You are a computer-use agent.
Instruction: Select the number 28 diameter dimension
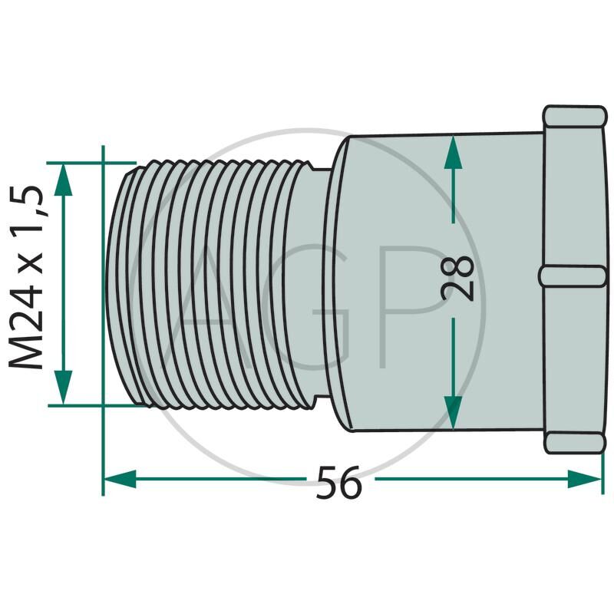458,277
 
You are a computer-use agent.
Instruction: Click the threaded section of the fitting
207,284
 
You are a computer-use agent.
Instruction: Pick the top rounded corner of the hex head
573,116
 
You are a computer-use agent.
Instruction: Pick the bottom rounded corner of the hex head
574,442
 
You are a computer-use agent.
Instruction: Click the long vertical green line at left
103,307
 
